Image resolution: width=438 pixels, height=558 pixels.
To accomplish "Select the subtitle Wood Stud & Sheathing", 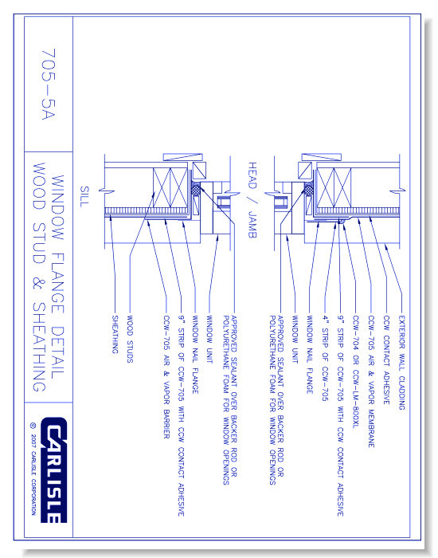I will (37, 279).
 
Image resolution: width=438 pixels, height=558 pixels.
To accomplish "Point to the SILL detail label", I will (82, 196).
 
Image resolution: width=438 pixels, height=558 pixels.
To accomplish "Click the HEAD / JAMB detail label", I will (254, 195).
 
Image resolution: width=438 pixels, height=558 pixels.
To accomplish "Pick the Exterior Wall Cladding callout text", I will (401, 359).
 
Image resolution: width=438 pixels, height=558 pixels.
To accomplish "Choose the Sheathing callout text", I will (114, 332).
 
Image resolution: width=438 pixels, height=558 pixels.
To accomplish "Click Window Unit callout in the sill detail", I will (209, 334).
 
